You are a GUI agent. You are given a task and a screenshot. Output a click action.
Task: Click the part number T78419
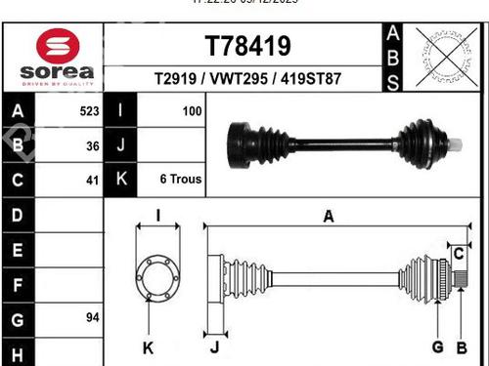[246, 46]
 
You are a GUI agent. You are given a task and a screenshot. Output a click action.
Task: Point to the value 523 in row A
[88, 111]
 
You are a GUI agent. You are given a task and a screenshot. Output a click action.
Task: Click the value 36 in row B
[92, 145]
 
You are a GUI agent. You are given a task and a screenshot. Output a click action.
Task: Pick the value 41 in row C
[92, 180]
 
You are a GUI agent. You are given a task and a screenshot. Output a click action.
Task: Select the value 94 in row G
[92, 318]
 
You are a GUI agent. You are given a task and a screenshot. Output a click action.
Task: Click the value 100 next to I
[192, 111]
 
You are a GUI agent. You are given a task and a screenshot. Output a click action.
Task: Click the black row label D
[17, 214]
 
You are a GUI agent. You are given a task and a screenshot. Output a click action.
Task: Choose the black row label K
[120, 180]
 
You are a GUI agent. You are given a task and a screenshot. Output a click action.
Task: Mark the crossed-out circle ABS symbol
[443, 58]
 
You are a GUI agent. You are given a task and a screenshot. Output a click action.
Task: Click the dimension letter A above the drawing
[329, 217]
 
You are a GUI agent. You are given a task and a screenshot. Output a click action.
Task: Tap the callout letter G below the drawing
[437, 347]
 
